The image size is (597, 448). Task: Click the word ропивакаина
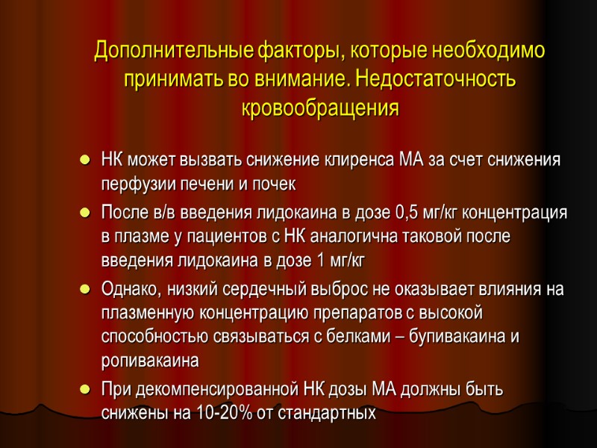(x=150, y=361)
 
